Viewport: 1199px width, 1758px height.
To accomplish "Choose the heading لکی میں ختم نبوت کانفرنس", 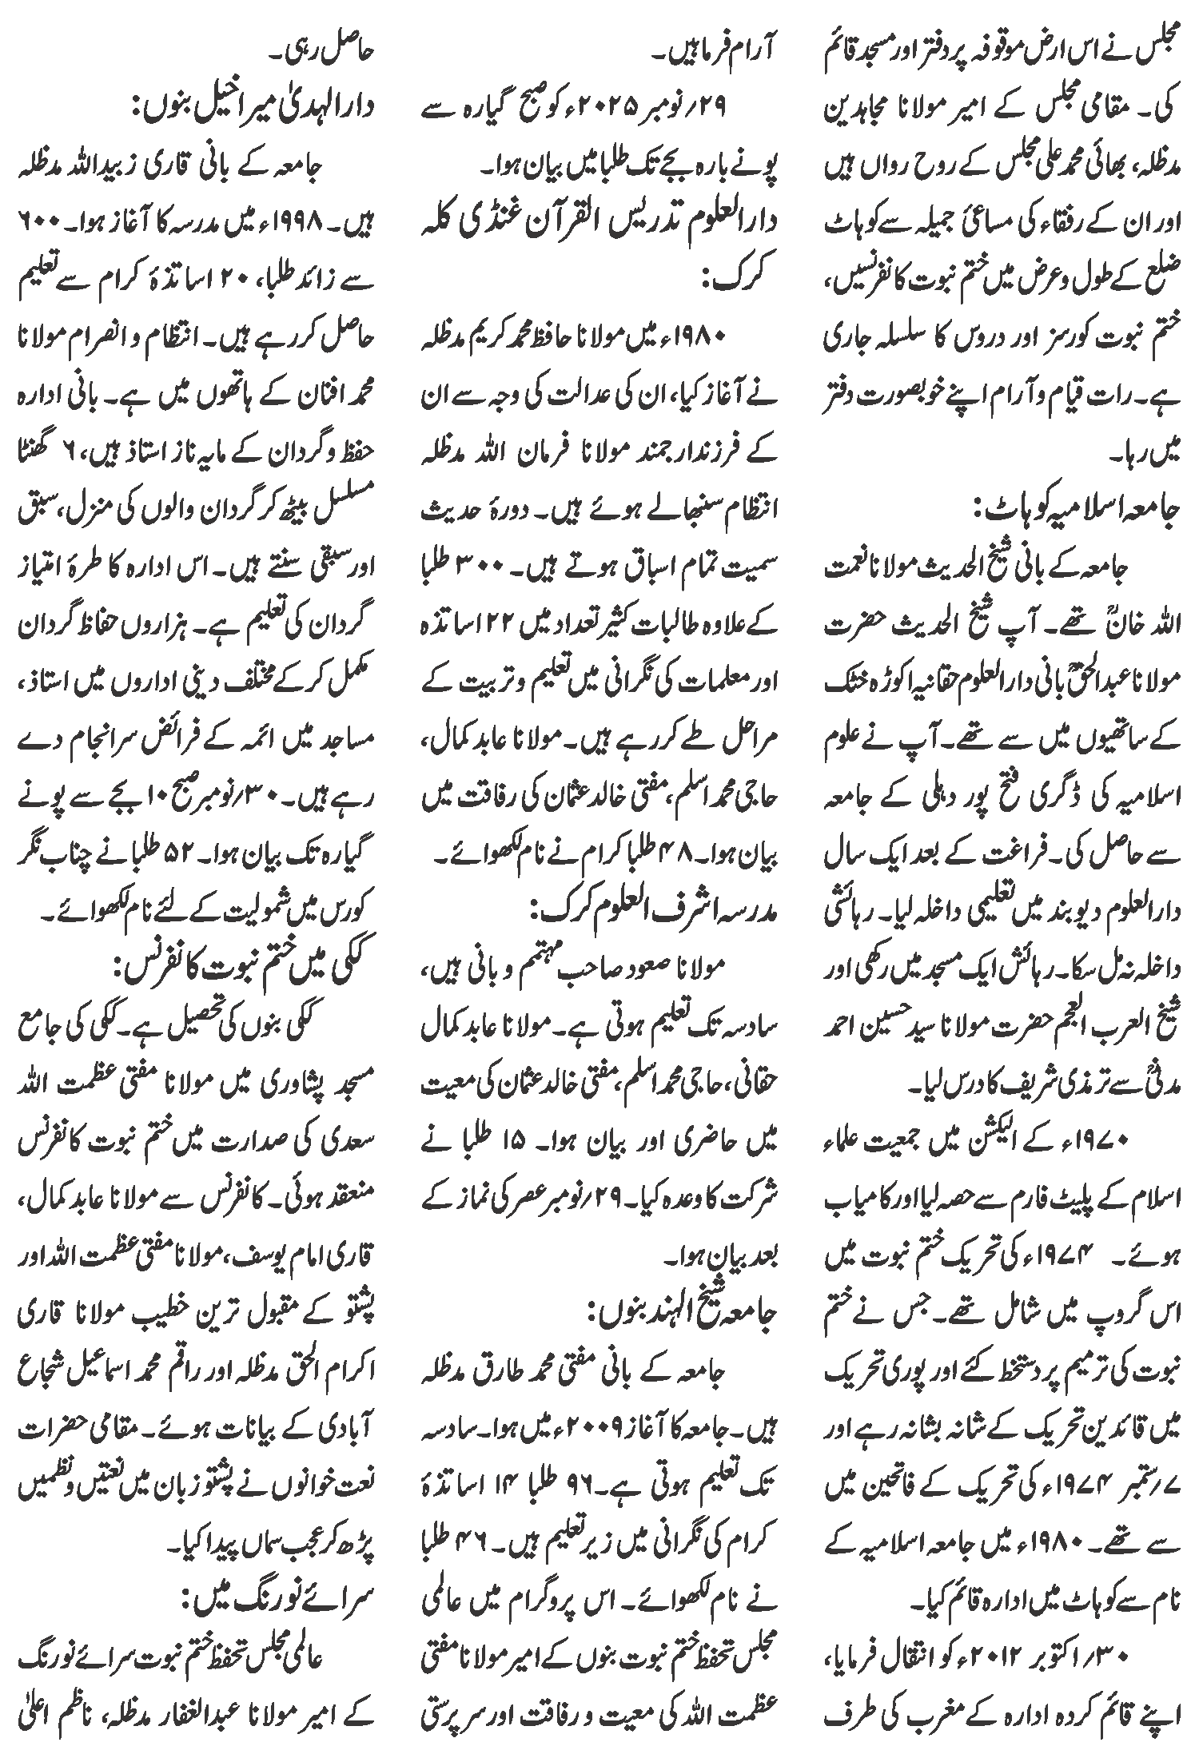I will coord(236,968).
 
